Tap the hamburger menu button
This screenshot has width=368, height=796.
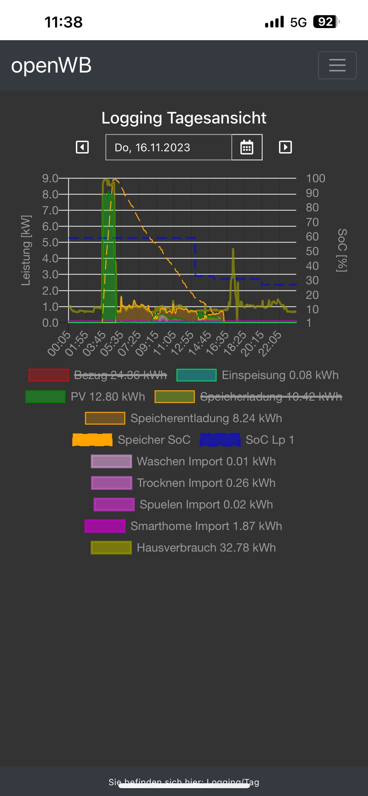[337, 65]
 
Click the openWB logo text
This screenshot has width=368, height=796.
[51, 65]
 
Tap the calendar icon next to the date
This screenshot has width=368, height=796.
[247, 147]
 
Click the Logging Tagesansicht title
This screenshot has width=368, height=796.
[184, 118]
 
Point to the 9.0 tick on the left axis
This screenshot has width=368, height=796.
[50, 178]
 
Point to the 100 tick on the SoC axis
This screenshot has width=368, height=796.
[315, 178]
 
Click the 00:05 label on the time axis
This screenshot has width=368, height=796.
[59, 343]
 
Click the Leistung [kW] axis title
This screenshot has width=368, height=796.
[26, 250]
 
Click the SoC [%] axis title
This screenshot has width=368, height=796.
[342, 250]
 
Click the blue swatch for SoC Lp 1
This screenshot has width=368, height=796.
[220, 440]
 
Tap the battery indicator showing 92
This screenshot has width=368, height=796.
[326, 22]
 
